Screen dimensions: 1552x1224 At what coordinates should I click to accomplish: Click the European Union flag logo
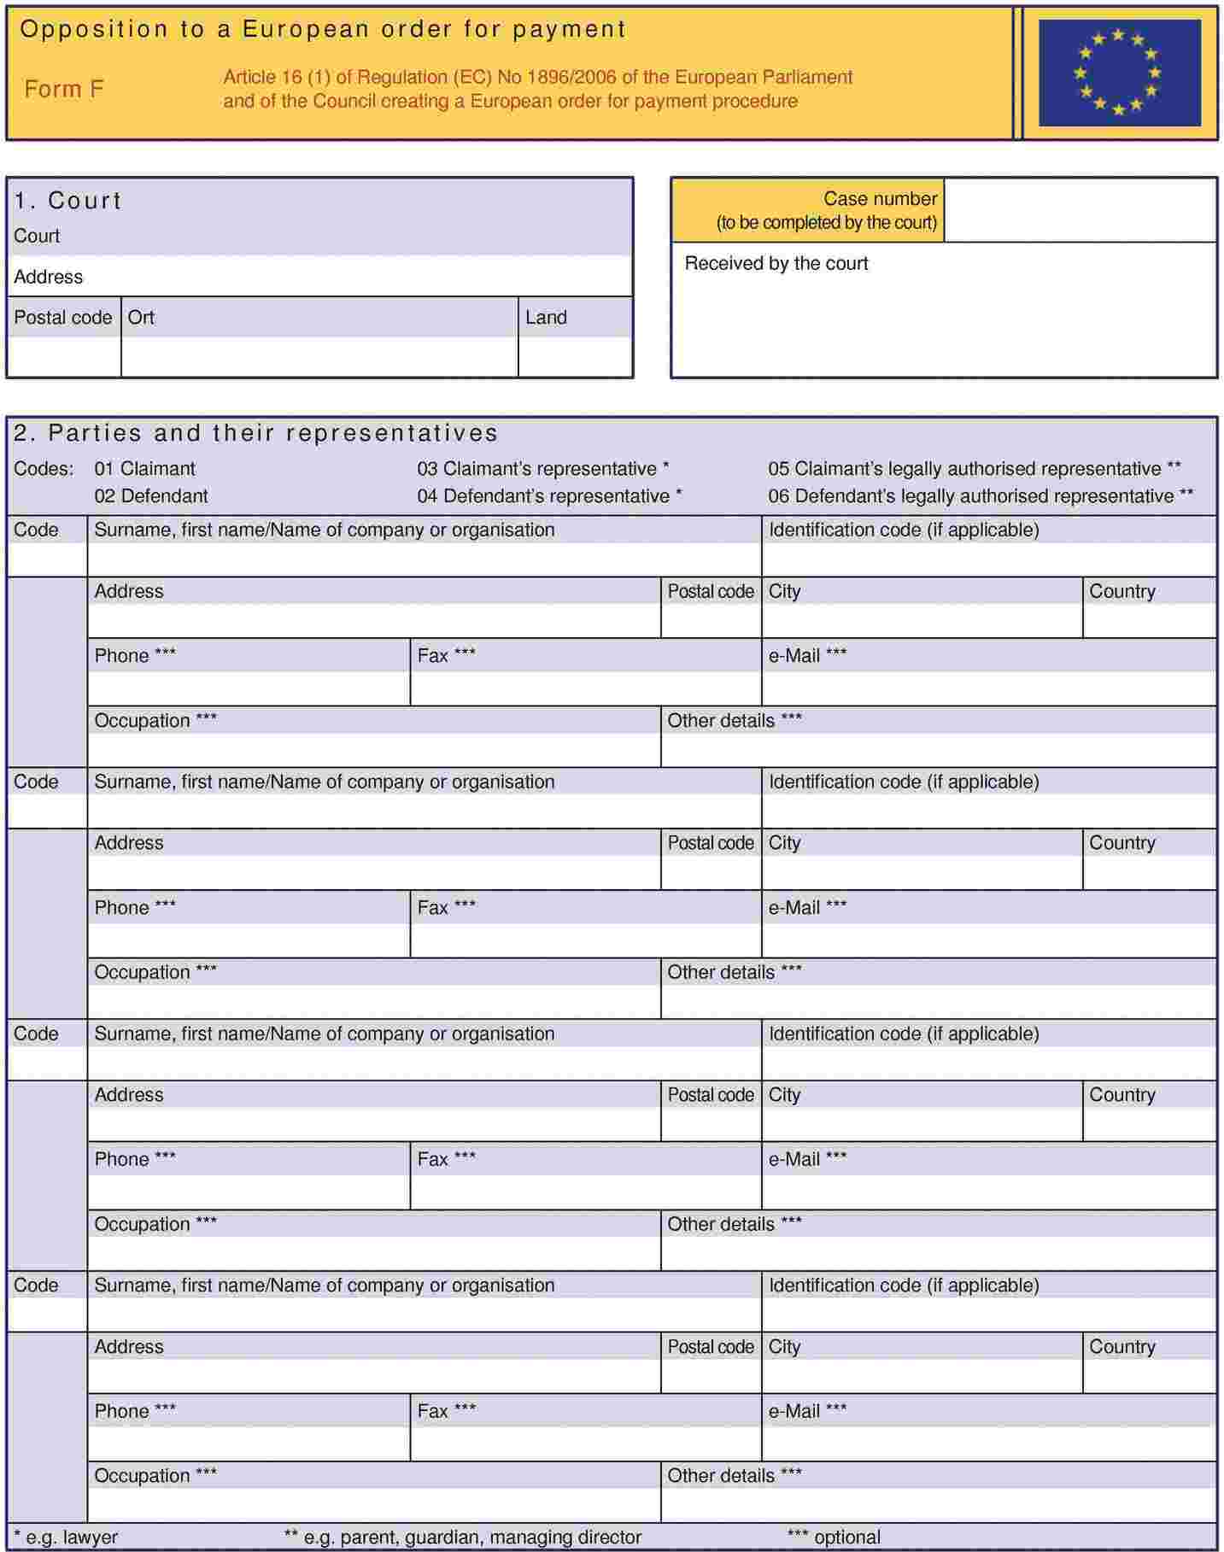pos(1119,73)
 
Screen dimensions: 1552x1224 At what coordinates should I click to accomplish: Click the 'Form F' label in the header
pos(64,89)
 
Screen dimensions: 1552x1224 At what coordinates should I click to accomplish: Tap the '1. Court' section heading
pos(68,201)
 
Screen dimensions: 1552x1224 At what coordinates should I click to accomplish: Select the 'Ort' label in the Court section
pos(141,318)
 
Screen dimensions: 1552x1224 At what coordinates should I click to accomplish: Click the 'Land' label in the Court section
pos(546,318)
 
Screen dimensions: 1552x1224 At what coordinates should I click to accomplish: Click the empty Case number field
pos(1080,210)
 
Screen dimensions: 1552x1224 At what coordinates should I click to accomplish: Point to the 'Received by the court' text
pos(776,263)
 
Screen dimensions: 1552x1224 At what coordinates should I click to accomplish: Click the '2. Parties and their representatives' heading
pos(255,433)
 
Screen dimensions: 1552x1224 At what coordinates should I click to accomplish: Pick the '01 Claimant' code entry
pos(144,469)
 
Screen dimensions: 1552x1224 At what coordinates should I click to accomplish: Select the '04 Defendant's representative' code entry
pos(549,496)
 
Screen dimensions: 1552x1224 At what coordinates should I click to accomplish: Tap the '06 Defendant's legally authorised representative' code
pos(980,496)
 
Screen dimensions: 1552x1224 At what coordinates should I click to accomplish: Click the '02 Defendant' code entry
pos(150,496)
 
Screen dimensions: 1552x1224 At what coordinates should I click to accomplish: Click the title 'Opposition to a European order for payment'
pos(323,30)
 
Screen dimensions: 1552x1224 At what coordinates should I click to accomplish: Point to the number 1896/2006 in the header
pos(571,77)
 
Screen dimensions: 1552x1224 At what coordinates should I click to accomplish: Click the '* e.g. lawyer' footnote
pos(66,1537)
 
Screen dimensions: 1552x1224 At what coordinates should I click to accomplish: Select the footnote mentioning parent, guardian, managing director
pos(462,1537)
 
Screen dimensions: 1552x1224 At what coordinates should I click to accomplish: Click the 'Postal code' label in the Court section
pos(62,318)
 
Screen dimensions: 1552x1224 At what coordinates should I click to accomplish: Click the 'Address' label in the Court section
pos(48,277)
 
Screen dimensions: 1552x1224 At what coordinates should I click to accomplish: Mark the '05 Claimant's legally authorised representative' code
pos(974,469)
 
